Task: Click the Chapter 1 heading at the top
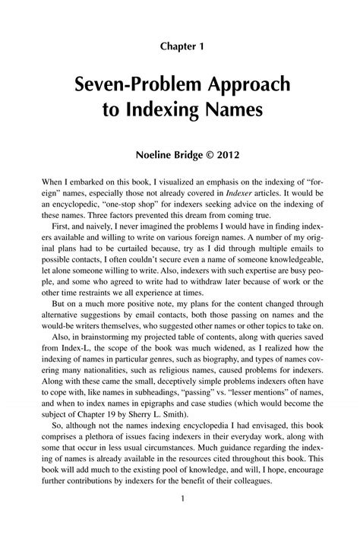tap(180, 46)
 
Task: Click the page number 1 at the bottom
tap(180, 497)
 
